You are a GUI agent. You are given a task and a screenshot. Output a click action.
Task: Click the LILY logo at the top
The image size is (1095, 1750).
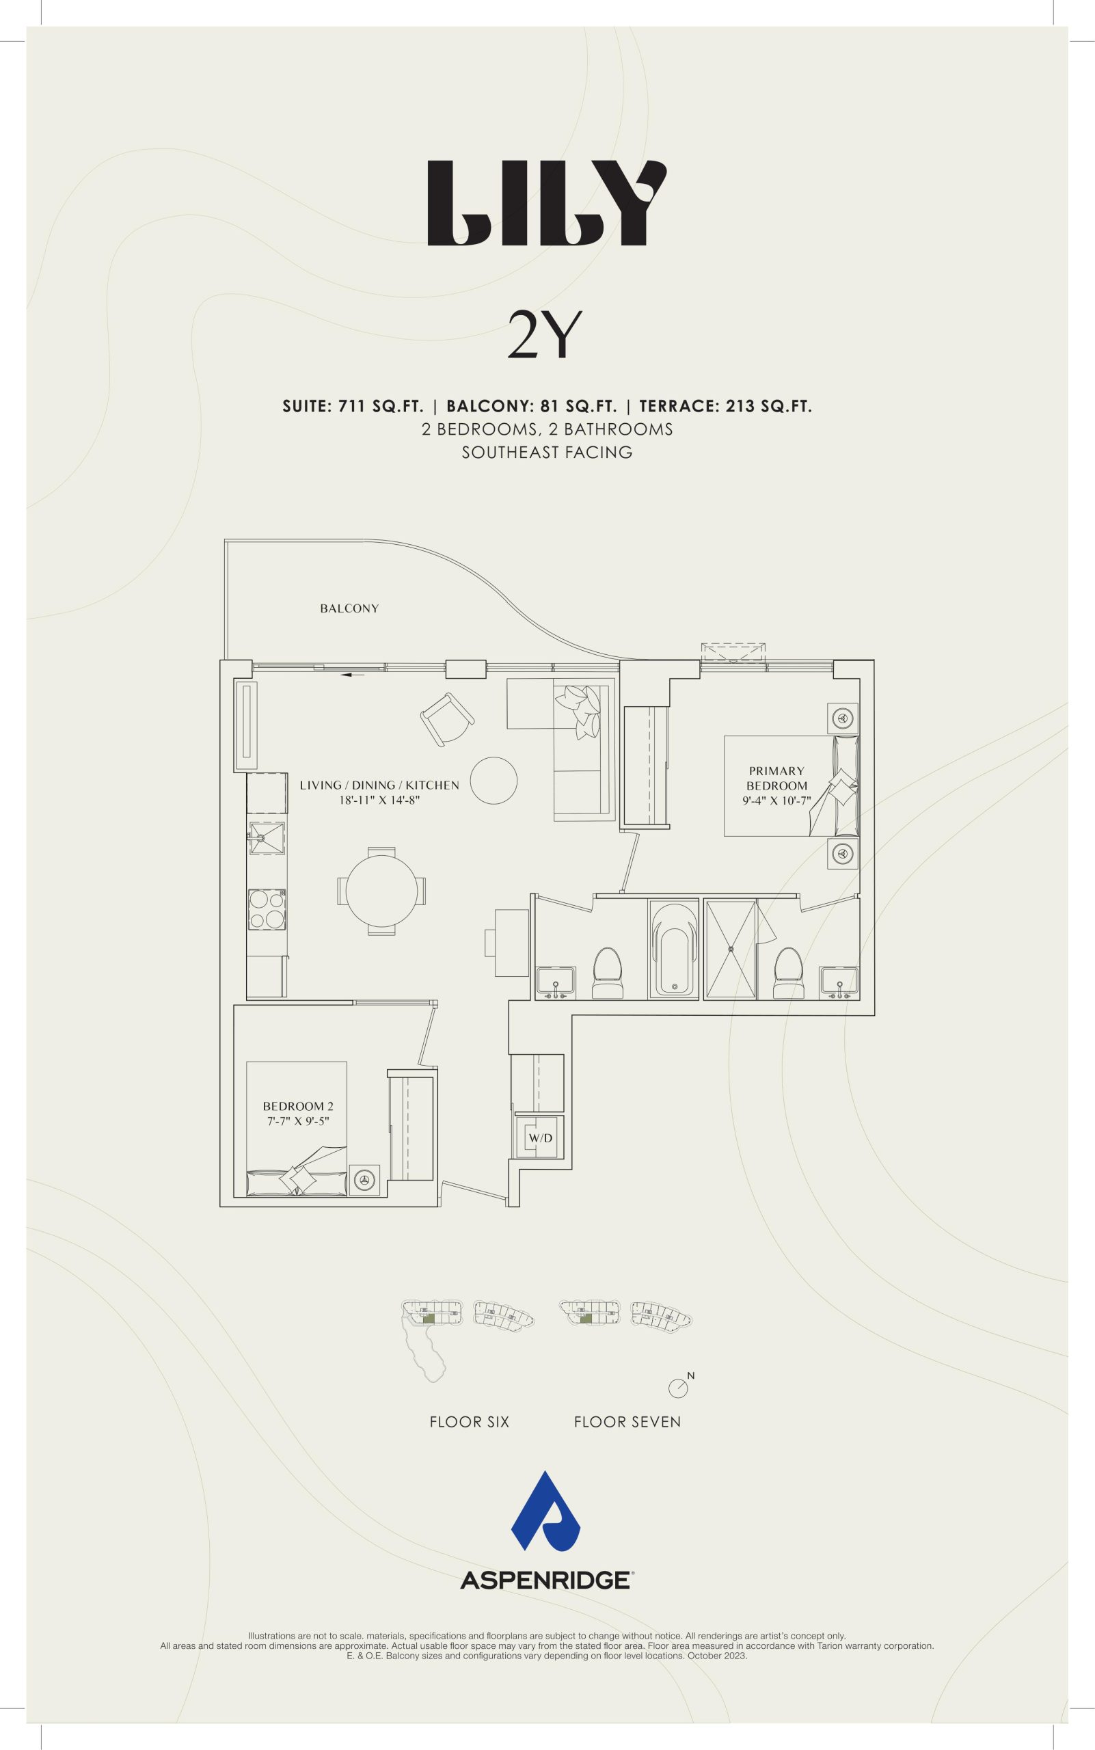coord(547,204)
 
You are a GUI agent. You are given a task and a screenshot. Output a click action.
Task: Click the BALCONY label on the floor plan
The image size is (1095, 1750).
coord(349,608)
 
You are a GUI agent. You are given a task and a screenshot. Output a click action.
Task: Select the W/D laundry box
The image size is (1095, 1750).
coord(540,1137)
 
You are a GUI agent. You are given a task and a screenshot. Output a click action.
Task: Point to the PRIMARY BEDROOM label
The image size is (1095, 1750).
coord(776,778)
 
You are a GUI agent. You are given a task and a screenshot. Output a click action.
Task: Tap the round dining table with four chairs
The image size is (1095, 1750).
coord(381,891)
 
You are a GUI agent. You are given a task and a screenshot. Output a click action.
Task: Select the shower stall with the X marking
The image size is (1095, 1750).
coord(730,949)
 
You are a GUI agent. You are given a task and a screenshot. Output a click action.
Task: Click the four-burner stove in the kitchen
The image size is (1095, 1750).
coord(267,909)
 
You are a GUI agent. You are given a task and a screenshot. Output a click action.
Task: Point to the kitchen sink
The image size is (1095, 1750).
coord(267,840)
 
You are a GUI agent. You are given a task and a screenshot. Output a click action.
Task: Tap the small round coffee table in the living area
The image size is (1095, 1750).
coord(494,780)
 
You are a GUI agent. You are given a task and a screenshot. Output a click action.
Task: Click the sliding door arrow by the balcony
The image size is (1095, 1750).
coord(352,674)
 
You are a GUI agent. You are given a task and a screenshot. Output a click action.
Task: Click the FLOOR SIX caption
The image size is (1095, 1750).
coord(470,1422)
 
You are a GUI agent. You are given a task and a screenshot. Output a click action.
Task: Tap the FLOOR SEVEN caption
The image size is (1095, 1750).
coord(627,1422)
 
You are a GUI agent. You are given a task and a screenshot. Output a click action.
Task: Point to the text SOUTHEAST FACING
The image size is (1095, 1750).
coord(547,453)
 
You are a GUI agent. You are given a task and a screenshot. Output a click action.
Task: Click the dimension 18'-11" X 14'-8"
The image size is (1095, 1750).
coord(379,800)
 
